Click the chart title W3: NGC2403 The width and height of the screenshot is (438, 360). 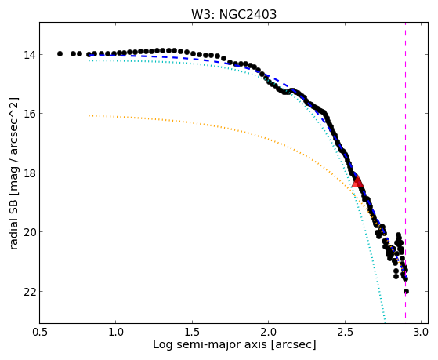click(x=233, y=15)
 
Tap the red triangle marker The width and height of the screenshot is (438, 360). click(x=357, y=181)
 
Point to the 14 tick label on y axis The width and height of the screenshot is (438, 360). click(x=29, y=54)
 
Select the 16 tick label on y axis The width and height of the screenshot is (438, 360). click(x=29, y=113)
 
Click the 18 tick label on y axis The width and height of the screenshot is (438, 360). click(x=29, y=173)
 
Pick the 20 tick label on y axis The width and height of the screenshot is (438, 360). click(x=29, y=232)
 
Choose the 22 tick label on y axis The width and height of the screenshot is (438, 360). click(x=29, y=291)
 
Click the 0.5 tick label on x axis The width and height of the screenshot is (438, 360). click(x=40, y=333)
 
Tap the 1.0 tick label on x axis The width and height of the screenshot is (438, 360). click(x=115, y=333)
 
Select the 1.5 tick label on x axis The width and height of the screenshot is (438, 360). click(x=193, y=333)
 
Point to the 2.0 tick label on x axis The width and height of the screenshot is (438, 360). click(x=268, y=333)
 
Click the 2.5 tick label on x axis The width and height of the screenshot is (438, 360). click(x=345, y=333)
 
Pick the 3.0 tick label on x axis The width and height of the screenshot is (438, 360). click(x=421, y=333)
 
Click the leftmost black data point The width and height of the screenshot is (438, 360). click(x=60, y=53)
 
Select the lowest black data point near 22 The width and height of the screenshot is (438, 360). click(x=406, y=292)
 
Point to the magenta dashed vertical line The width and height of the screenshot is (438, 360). click(x=405, y=170)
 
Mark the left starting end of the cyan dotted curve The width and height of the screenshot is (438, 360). click(x=89, y=60)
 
